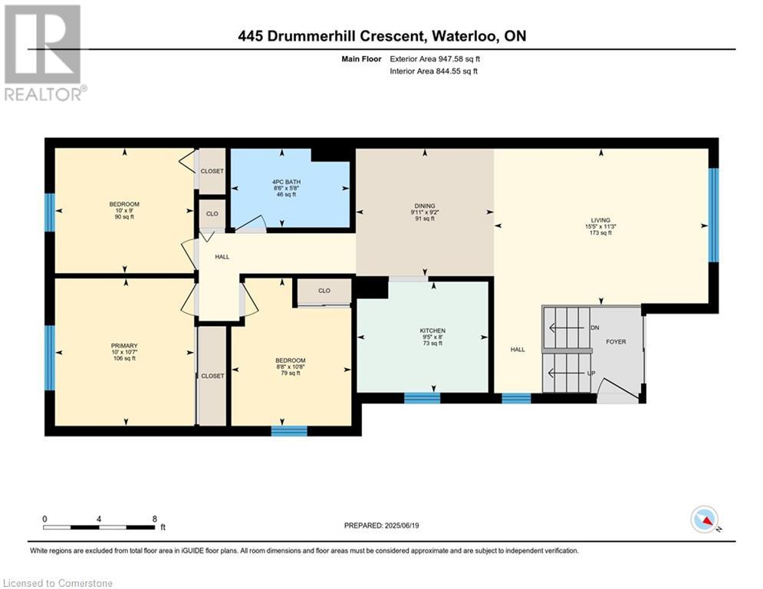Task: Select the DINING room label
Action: (424, 206)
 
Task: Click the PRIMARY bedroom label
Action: (123, 345)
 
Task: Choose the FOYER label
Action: (617, 341)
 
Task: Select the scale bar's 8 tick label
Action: (155, 518)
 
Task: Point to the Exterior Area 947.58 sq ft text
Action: (435, 58)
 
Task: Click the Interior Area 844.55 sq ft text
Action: (434, 71)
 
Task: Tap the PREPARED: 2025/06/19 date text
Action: (383, 525)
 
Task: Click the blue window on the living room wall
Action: (713, 215)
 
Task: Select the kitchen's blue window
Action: (422, 398)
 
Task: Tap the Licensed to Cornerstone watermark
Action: (58, 584)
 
